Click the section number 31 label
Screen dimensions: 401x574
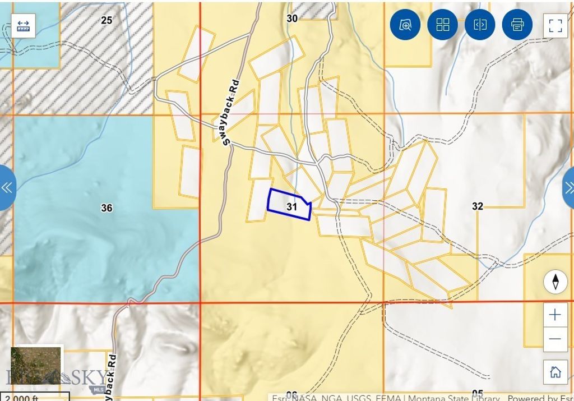click(x=291, y=207)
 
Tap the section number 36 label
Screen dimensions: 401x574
click(x=107, y=208)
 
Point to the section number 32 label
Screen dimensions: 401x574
click(x=477, y=206)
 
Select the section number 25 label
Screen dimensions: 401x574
click(x=107, y=20)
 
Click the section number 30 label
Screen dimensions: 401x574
click(x=292, y=19)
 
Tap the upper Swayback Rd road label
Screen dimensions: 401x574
click(x=232, y=113)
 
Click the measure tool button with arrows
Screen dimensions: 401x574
click(x=24, y=26)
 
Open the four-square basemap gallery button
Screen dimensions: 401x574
click(x=443, y=25)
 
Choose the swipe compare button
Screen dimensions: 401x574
click(x=480, y=25)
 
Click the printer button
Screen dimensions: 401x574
click(x=517, y=25)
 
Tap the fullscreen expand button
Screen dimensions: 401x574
click(x=555, y=25)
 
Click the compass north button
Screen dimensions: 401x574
click(x=555, y=282)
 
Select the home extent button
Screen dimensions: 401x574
click(x=555, y=372)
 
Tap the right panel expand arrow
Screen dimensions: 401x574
click(x=568, y=187)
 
